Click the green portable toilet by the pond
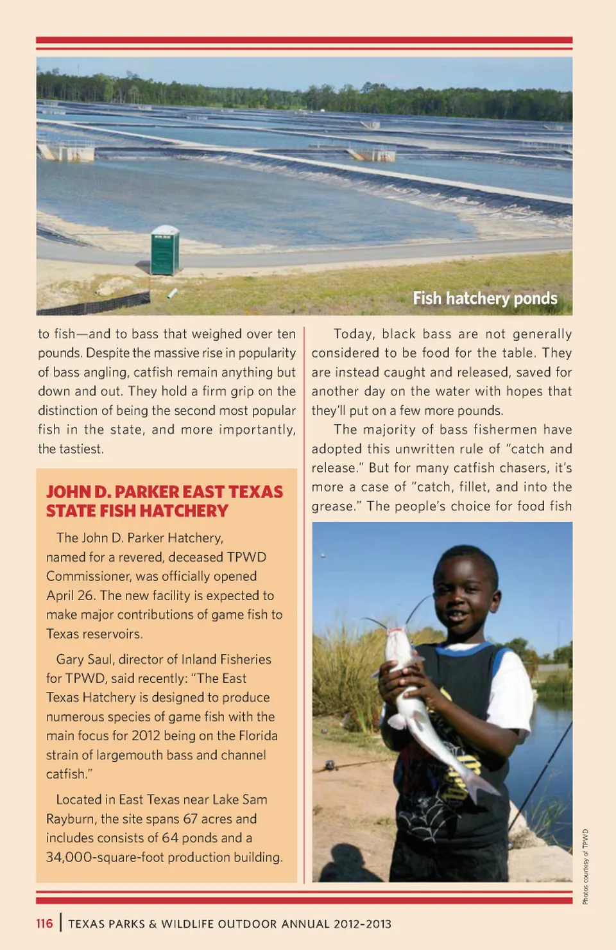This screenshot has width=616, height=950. (165, 251)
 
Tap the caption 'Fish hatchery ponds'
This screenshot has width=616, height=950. (484, 298)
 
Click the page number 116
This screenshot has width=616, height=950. (44, 924)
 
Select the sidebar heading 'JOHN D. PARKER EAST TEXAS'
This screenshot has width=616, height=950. (164, 492)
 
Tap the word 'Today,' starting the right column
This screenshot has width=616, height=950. (353, 334)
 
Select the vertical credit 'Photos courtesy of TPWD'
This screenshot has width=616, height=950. (585, 867)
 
